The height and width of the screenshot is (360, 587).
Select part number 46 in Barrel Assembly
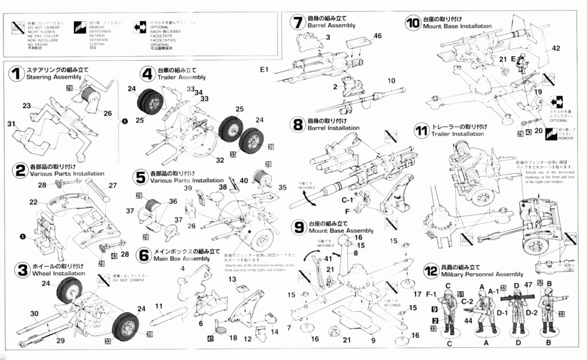[377, 36]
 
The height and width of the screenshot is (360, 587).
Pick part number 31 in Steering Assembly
[11, 124]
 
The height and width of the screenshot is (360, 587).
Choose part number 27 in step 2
[112, 185]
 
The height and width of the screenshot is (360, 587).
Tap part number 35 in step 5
[282, 187]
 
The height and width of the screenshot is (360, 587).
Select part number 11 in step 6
[159, 306]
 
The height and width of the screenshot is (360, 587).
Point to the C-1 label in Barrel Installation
[347, 201]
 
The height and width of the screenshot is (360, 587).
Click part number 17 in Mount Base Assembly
[417, 295]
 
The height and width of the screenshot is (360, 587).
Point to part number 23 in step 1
[26, 105]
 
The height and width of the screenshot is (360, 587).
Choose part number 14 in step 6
[275, 332]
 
